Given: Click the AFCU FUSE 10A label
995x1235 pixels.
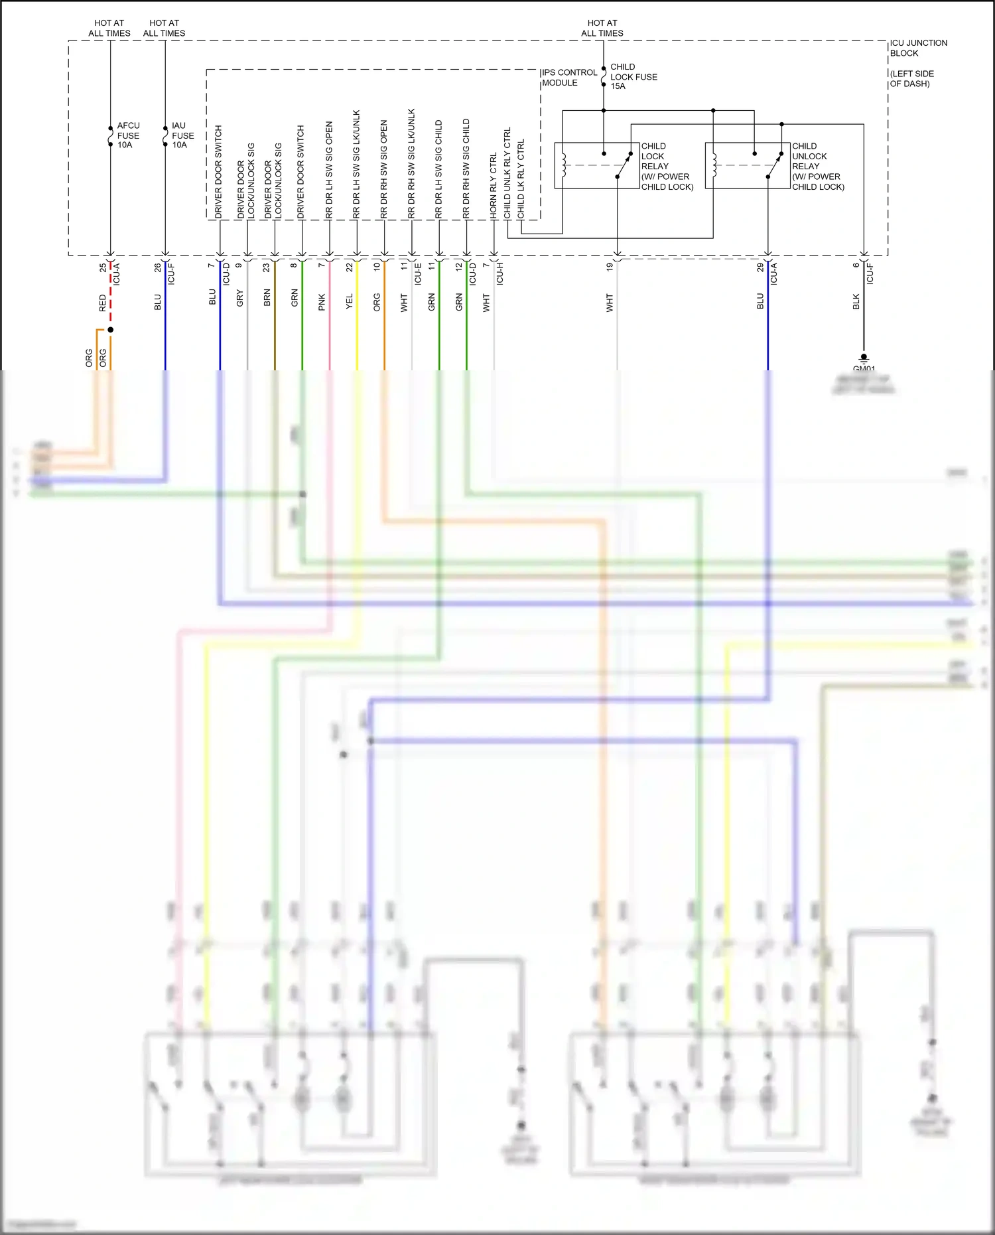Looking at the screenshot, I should (128, 135).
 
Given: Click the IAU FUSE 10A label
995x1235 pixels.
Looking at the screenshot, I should (182, 135).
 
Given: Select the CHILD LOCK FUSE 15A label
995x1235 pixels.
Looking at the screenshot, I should (633, 76).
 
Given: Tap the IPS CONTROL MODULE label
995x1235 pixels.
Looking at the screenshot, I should (569, 78).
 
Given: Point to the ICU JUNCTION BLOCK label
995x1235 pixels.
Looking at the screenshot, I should (918, 48).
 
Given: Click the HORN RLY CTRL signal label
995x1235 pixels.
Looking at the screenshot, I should (494, 186).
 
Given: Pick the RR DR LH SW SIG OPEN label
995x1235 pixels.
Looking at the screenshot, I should (330, 170).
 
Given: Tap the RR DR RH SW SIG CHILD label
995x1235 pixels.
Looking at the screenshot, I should (466, 169).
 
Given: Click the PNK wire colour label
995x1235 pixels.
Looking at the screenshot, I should (322, 302).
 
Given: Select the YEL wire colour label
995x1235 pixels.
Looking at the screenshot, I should (350, 302).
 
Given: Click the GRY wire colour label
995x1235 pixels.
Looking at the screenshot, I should (240, 298).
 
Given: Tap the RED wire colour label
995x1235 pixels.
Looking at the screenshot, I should (103, 303).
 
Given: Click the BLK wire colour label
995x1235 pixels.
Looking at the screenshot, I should (856, 302).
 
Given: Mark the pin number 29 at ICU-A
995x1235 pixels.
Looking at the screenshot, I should (760, 267).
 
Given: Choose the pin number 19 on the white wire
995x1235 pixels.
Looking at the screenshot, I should (610, 267).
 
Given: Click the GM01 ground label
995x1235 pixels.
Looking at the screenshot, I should (864, 369).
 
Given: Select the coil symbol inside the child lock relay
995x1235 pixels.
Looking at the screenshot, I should (564, 166).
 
